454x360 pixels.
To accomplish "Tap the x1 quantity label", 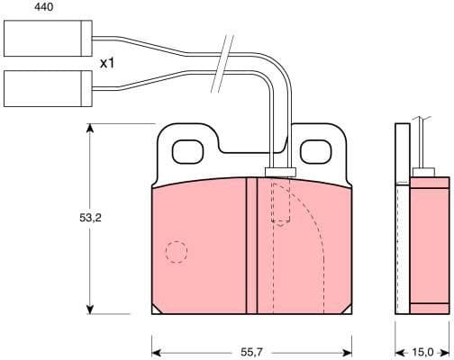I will tap(107, 64).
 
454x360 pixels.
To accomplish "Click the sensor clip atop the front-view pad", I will tap(280, 171).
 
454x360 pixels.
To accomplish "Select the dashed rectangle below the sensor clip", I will tap(282, 202).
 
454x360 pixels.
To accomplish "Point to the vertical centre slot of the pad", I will tap(251, 246).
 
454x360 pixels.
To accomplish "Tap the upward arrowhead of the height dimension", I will tap(89, 129).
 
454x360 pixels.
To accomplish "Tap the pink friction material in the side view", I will tap(429, 246).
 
